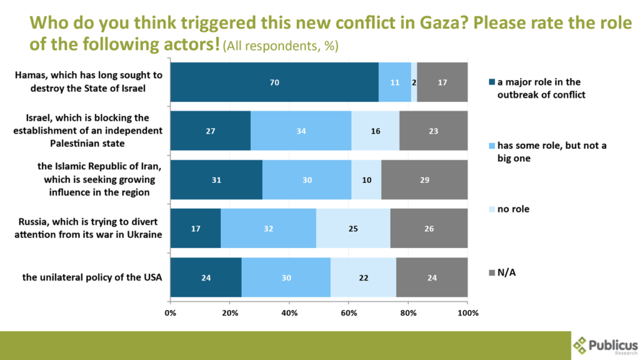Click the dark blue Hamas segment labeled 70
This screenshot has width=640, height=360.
(274, 82)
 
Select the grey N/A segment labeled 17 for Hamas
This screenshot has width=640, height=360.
(442, 82)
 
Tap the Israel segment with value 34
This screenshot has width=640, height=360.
(301, 131)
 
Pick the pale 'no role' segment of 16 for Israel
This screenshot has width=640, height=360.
(375, 131)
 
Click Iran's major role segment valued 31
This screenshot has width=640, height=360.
(216, 180)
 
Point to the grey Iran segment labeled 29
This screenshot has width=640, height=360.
(424, 180)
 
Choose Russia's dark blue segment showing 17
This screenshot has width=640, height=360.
(195, 229)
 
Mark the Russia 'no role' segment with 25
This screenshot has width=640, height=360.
(353, 229)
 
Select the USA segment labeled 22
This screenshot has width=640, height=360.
(363, 277)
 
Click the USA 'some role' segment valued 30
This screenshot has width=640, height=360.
(286, 277)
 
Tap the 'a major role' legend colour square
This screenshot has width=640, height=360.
(492, 82)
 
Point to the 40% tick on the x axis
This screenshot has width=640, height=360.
(289, 312)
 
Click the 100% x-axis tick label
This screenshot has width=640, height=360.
(467, 312)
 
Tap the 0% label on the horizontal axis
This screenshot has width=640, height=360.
(170, 312)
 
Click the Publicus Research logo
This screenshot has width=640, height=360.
(605, 344)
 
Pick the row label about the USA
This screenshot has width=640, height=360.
(92, 277)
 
